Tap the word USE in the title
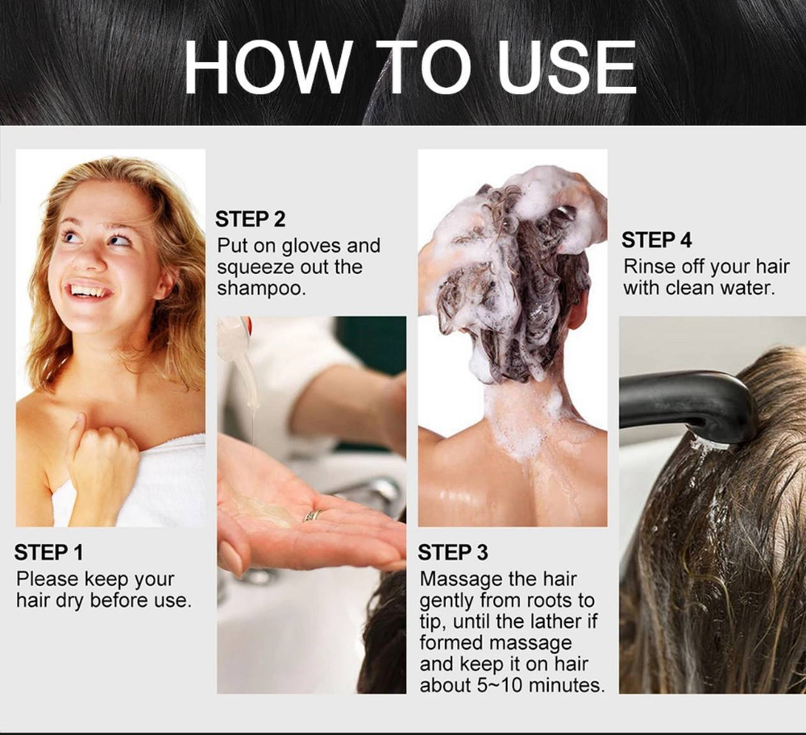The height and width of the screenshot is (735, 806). [x=567, y=68]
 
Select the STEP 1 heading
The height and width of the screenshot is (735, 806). [x=49, y=553]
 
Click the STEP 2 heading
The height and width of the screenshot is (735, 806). [x=251, y=219]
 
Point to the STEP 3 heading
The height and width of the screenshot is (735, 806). [x=453, y=553]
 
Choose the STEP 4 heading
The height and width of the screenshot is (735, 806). [x=657, y=240]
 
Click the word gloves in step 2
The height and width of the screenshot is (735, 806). [x=312, y=247]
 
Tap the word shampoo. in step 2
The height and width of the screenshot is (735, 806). [x=262, y=289]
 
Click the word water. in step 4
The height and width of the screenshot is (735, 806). [x=747, y=289]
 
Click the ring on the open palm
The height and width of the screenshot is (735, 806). [x=313, y=515]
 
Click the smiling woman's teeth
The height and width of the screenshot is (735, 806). [x=90, y=291]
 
